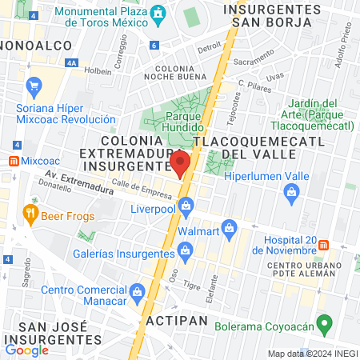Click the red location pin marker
(x=179, y=163)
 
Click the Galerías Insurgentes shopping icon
(x=186, y=253)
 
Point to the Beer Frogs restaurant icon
(x=31, y=213)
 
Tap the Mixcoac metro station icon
(x=12, y=160)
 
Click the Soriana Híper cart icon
(x=34, y=86)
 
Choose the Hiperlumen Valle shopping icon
(x=291, y=191)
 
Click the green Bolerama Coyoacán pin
(x=324, y=325)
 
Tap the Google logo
(x=26, y=350)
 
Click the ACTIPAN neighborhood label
(x=177, y=320)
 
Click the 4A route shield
(x=72, y=62)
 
